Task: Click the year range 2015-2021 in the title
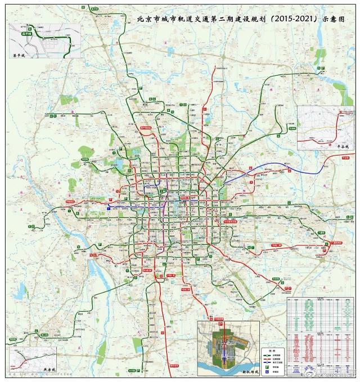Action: tap(292, 19)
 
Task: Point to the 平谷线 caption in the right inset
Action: tap(336, 145)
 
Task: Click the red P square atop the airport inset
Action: tap(221, 325)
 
